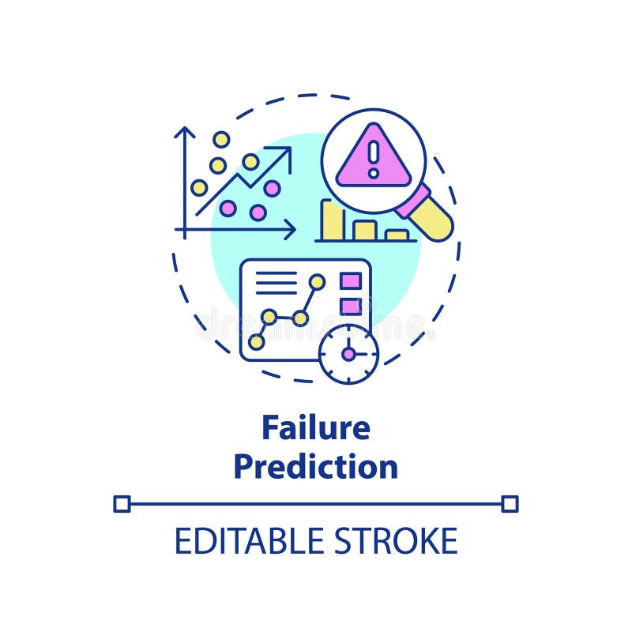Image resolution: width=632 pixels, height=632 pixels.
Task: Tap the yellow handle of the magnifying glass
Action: [433, 217]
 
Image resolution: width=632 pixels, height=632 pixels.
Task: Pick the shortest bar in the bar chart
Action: [397, 235]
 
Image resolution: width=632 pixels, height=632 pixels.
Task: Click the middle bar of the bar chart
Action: [364, 230]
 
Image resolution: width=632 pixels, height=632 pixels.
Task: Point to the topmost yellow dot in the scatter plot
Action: [221, 139]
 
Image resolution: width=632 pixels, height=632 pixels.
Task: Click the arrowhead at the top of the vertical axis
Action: [185, 131]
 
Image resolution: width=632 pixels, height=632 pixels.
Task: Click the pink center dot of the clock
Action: [348, 353]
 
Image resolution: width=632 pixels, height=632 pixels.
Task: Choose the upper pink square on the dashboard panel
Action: [350, 281]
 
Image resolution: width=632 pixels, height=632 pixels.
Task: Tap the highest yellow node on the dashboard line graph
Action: [317, 281]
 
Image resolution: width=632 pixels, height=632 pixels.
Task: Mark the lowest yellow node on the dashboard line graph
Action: [256, 342]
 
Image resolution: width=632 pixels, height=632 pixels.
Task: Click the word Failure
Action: [316, 428]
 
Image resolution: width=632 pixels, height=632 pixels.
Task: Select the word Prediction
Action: [316, 466]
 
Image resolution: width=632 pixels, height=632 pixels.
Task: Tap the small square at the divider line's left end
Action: [122, 503]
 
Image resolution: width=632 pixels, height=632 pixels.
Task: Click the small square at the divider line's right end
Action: [510, 503]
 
